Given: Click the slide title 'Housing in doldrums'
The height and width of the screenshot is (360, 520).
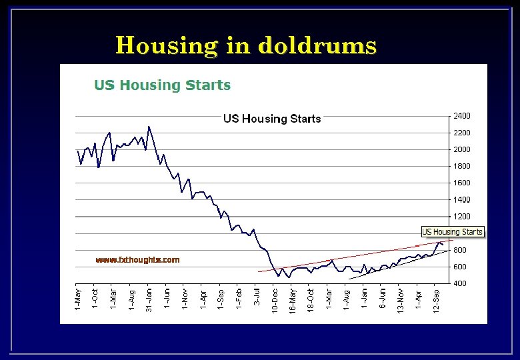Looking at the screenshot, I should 246,45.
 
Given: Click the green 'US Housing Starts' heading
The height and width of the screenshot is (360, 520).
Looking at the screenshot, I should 162,85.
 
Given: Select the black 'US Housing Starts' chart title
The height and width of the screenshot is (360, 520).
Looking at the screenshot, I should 272,119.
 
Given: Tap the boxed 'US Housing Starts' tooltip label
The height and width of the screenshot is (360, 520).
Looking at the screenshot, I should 452,232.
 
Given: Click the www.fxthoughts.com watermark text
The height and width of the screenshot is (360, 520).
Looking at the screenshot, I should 137,260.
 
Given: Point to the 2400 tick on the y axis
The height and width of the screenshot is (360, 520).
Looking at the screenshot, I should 461,116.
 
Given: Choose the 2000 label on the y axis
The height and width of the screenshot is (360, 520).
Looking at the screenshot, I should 461,149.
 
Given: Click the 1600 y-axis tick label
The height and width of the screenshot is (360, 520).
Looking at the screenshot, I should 461,183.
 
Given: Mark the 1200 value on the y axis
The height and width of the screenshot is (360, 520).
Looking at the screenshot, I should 461,217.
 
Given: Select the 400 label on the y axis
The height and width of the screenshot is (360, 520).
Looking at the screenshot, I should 459,284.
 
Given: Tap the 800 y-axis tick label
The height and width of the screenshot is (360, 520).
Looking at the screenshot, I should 459,251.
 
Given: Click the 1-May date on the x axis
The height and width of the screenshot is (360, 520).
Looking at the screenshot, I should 78,298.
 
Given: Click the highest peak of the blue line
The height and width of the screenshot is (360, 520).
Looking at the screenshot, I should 149,126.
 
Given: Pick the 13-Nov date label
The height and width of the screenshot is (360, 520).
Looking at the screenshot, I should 401,301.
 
